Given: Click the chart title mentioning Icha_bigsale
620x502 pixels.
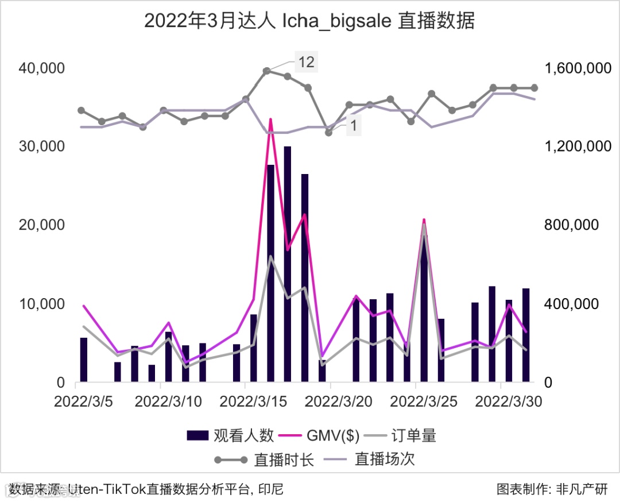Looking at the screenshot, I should click(309, 21).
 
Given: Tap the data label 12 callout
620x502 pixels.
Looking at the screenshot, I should click(307, 61).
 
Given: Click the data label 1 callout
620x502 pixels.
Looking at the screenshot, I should click(354, 126).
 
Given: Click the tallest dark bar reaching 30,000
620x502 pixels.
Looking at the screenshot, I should click(287, 264).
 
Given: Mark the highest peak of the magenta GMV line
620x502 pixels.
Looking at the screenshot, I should click(270, 119).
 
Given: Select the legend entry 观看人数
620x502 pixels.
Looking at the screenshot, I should click(230, 435).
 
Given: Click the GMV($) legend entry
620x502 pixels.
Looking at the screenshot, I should click(319, 435).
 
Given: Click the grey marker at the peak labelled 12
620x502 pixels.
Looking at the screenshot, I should click(267, 71).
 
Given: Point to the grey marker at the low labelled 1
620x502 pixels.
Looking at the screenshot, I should click(328, 132).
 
